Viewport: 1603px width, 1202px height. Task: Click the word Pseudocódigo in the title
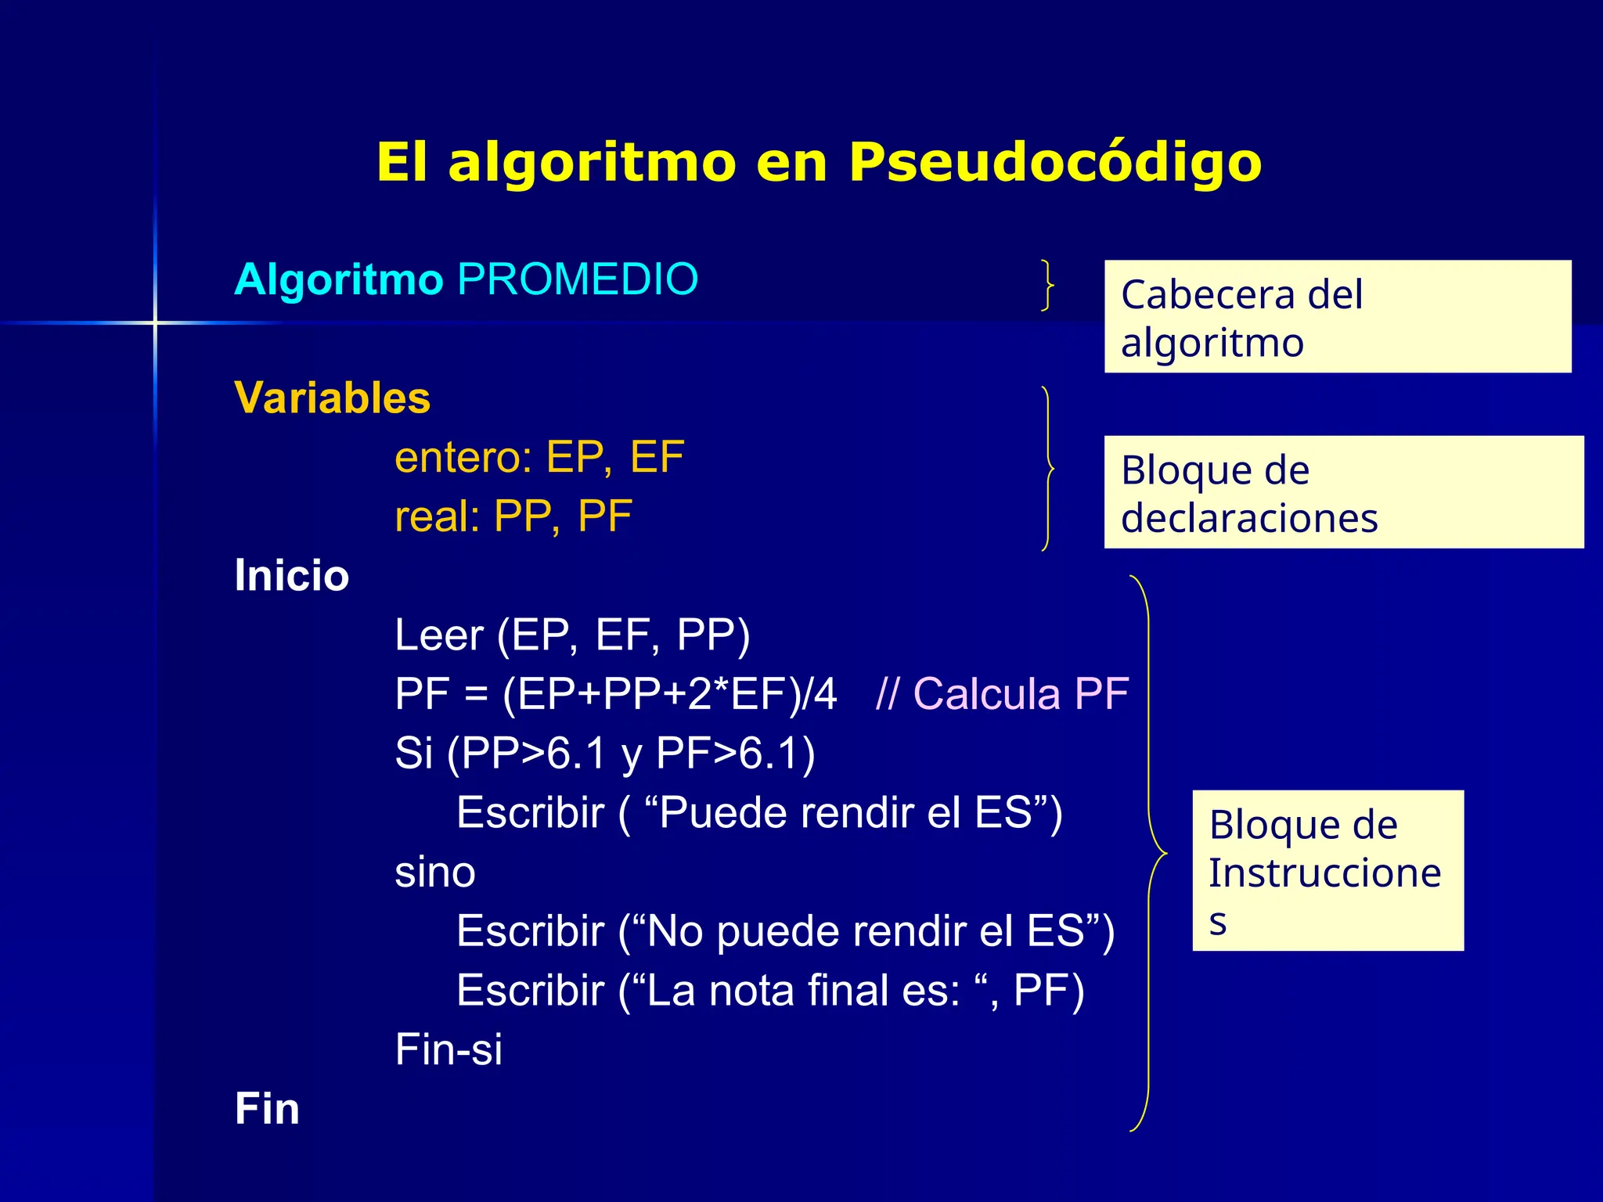(x=1055, y=163)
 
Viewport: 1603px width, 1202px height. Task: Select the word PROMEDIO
(x=578, y=279)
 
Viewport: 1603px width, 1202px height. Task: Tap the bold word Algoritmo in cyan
(x=339, y=280)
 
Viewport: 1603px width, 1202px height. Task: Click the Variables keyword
(x=333, y=398)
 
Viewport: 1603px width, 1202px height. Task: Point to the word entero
(x=461, y=458)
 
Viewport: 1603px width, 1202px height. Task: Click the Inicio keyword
(x=292, y=576)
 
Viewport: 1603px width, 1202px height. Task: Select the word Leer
(x=438, y=635)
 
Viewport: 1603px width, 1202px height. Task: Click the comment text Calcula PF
(x=1021, y=694)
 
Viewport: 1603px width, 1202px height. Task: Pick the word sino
(x=435, y=872)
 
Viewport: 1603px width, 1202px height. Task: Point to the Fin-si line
(x=448, y=1049)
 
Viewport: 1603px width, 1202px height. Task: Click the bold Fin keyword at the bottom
(x=267, y=1109)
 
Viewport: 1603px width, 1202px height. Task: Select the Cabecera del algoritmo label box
(x=1337, y=317)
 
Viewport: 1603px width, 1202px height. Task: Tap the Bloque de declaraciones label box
(x=1343, y=492)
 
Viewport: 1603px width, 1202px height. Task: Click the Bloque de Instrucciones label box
(x=1327, y=870)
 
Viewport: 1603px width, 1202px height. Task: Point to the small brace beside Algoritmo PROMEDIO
(x=1047, y=285)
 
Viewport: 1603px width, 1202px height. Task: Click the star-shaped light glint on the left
(x=155, y=322)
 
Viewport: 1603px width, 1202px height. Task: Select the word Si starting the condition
(x=413, y=754)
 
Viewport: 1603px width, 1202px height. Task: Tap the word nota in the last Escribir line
(x=752, y=991)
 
